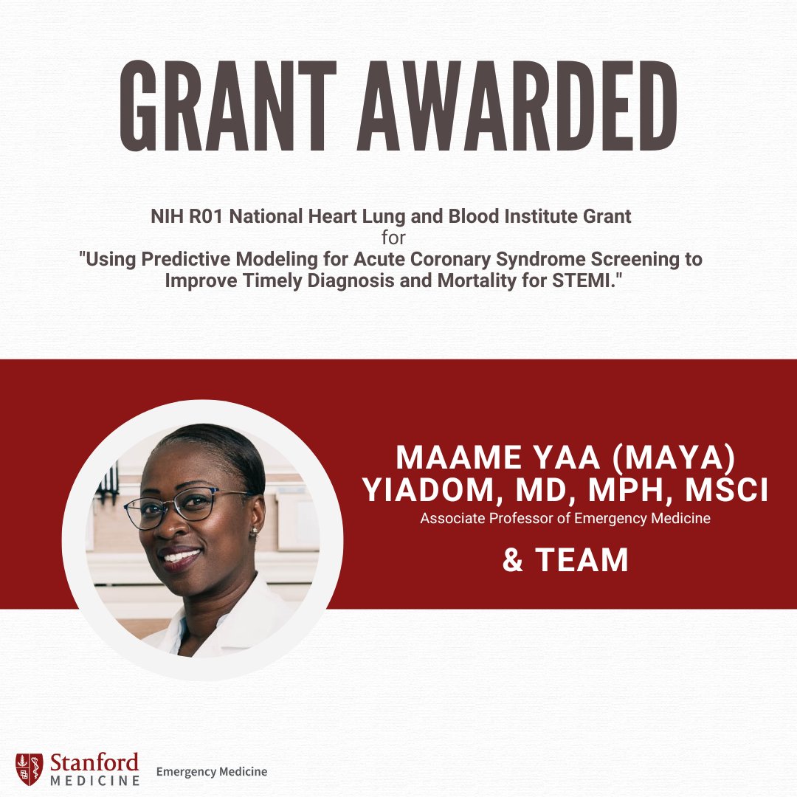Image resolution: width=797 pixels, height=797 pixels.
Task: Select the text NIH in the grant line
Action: (163, 218)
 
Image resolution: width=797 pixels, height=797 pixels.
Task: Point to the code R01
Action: (200, 218)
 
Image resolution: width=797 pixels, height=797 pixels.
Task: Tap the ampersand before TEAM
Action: (513, 561)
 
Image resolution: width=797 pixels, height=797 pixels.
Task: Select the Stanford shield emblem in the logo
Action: (29, 769)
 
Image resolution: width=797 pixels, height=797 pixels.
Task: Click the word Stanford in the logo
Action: (94, 762)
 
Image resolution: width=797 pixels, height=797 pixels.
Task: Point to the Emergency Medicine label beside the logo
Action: (212, 772)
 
